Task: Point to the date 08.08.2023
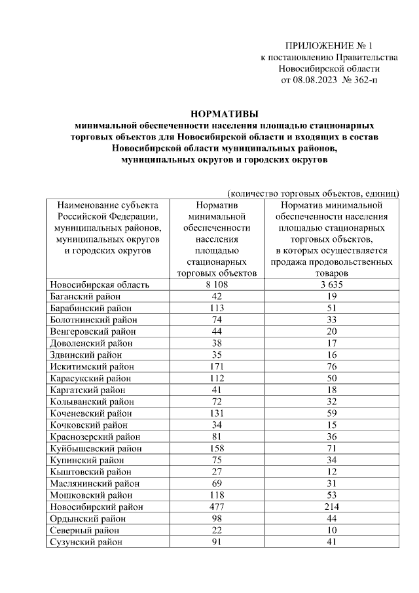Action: pos(312,80)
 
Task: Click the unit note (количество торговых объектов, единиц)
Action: pos(313,194)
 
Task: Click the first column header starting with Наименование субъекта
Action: pos(107,205)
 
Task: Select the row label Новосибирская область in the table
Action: pos(100,284)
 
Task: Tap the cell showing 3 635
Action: pos(332,284)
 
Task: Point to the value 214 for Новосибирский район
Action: pos(332,507)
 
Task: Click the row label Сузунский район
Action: pos(86,542)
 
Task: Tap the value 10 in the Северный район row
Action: pos(332,530)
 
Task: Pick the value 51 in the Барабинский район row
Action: pos(332,308)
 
